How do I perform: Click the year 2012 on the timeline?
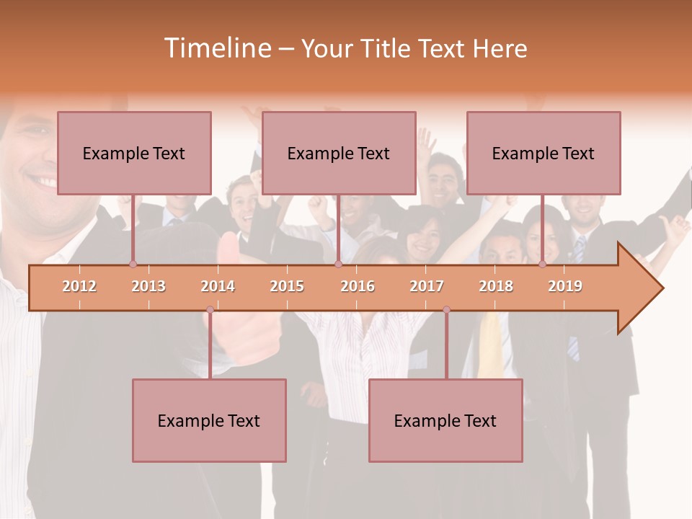[x=79, y=286]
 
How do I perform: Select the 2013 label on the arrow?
[x=148, y=286]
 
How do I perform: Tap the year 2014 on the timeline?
[x=218, y=286]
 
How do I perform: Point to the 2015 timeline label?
[x=287, y=286]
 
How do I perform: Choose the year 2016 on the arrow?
[x=358, y=286]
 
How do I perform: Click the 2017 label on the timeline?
[x=427, y=286]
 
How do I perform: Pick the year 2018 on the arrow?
[x=496, y=286]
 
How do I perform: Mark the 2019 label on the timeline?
[x=565, y=286]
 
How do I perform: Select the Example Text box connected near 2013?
[x=134, y=153]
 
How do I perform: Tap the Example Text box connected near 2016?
[x=339, y=153]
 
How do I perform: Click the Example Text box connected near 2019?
[x=544, y=153]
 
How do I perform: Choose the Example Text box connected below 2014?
[x=209, y=420]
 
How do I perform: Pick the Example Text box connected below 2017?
[x=445, y=420]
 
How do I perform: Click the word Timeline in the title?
[x=216, y=48]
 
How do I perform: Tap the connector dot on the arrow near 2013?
[x=133, y=265]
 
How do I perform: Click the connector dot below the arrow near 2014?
[x=210, y=310]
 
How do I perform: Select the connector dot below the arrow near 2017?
[x=446, y=310]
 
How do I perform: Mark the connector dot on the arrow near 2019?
[x=542, y=265]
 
